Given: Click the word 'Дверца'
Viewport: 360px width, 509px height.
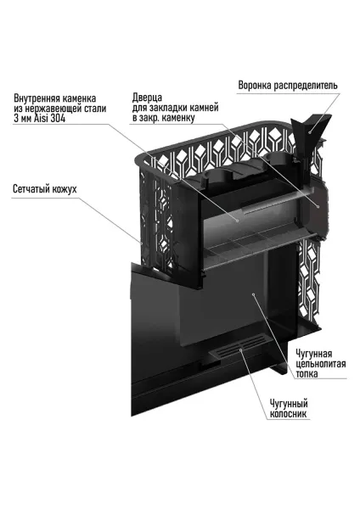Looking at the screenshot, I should tap(149, 96).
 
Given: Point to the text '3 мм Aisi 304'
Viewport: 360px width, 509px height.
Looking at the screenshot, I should tap(39, 118).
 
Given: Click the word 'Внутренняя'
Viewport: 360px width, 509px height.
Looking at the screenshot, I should tap(37, 96).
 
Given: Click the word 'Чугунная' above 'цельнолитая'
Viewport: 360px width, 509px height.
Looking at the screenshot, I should tap(315, 352).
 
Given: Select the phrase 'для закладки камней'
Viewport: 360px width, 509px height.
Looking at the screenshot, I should tap(176, 107).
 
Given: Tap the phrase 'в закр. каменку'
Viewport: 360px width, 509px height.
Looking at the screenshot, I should tap(167, 118).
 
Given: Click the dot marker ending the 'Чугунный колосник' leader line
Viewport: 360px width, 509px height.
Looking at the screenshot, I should tap(241, 349).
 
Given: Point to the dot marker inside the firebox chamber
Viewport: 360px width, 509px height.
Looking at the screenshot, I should tap(252, 294).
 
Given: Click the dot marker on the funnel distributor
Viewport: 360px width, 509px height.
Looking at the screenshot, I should tap(311, 130).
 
